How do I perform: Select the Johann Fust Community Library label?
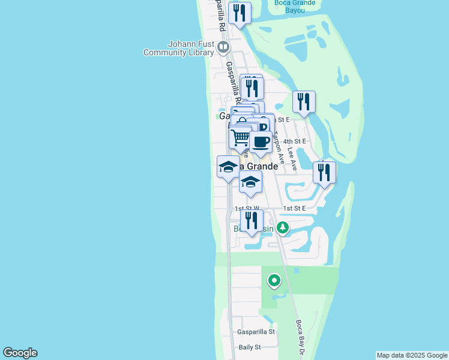[179, 48]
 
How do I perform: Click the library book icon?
[223, 46]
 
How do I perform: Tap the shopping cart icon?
[240, 137]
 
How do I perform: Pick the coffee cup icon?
[261, 142]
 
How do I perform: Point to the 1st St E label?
[295, 208]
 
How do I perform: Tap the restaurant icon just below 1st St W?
[252, 221]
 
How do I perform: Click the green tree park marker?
[282, 228]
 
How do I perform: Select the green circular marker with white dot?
[274, 280]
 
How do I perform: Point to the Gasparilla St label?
[256, 331]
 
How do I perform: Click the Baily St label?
[250, 347]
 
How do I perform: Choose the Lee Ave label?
[292, 160]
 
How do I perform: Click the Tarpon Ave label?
[278, 143]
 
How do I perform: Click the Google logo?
[20, 353]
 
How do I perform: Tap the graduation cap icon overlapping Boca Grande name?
[228, 167]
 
